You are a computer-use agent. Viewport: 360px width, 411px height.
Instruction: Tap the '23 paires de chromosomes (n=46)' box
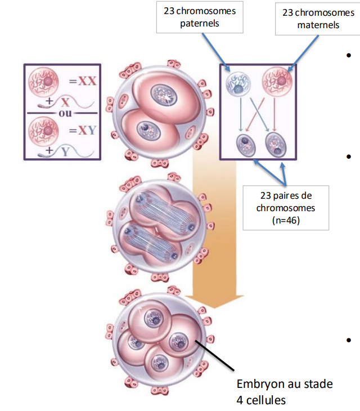pos(285,207)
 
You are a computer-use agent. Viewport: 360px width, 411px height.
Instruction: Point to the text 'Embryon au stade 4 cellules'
pos(285,392)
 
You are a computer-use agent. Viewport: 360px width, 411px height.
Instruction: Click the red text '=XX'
pos(83,81)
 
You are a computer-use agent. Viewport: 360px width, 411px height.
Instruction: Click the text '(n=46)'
pos(286,220)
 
